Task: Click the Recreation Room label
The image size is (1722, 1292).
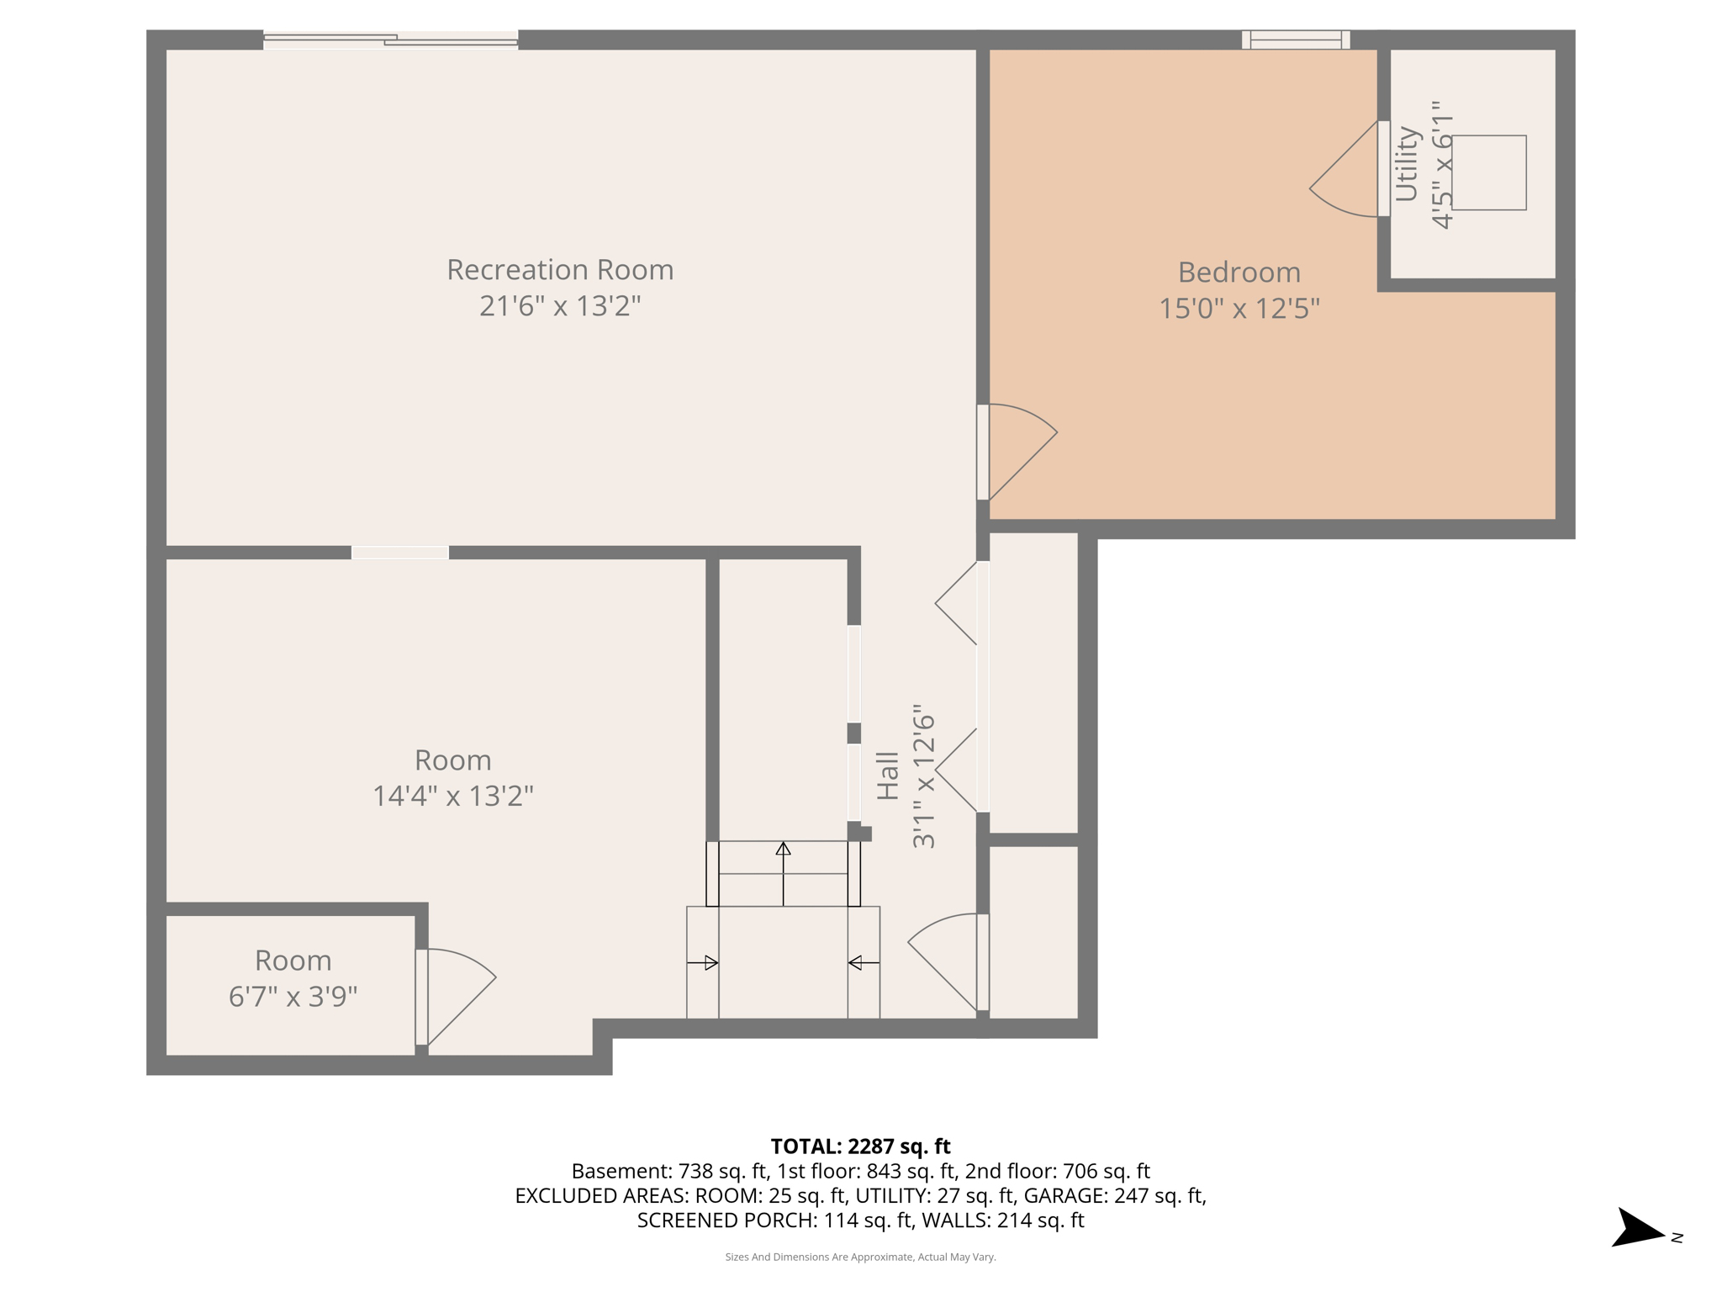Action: (x=560, y=270)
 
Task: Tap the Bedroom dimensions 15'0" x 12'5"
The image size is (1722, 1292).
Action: (x=1239, y=309)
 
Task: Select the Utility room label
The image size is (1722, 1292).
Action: (x=1407, y=164)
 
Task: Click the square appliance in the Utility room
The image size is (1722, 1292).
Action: (x=1488, y=172)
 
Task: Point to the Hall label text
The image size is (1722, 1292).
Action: (x=888, y=776)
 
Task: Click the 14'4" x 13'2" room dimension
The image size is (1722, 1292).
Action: (x=452, y=796)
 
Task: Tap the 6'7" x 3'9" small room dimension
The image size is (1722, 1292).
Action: (x=293, y=997)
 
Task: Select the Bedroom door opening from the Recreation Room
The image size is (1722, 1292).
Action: (x=1017, y=450)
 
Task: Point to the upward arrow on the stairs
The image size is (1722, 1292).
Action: (x=783, y=871)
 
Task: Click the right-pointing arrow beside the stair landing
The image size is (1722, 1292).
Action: (x=703, y=962)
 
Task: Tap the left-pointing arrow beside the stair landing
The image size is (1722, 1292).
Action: (x=864, y=962)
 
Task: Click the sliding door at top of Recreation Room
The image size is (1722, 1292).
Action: (x=390, y=40)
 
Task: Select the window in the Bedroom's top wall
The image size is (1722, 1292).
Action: (x=1295, y=40)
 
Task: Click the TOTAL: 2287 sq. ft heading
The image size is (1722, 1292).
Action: (x=860, y=1146)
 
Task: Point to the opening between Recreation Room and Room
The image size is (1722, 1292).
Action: (x=400, y=553)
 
